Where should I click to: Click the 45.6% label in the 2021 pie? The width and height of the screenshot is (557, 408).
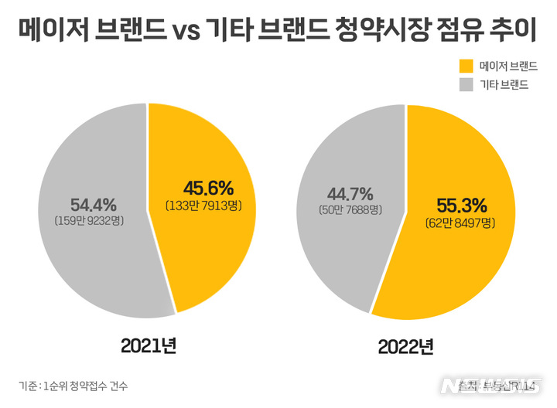tap(208, 188)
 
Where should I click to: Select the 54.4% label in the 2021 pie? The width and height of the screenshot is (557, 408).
tap(93, 205)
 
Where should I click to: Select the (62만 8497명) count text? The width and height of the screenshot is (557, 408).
tap(460, 223)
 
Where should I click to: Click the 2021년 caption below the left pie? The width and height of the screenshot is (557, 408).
tap(149, 345)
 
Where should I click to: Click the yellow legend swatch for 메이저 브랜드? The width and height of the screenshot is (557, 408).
tap(466, 66)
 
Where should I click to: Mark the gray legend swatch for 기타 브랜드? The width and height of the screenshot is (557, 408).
tap(466, 84)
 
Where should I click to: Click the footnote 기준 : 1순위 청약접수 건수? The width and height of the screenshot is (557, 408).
tap(73, 386)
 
